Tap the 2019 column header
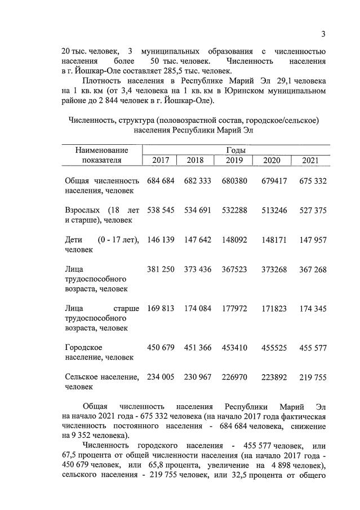[234, 161]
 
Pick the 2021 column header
[310, 161]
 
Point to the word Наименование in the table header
[101, 150]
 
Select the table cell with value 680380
[234, 180]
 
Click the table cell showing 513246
[274, 210]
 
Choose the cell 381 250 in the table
[161, 269]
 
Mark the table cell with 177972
[234, 308]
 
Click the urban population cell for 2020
[274, 348]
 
